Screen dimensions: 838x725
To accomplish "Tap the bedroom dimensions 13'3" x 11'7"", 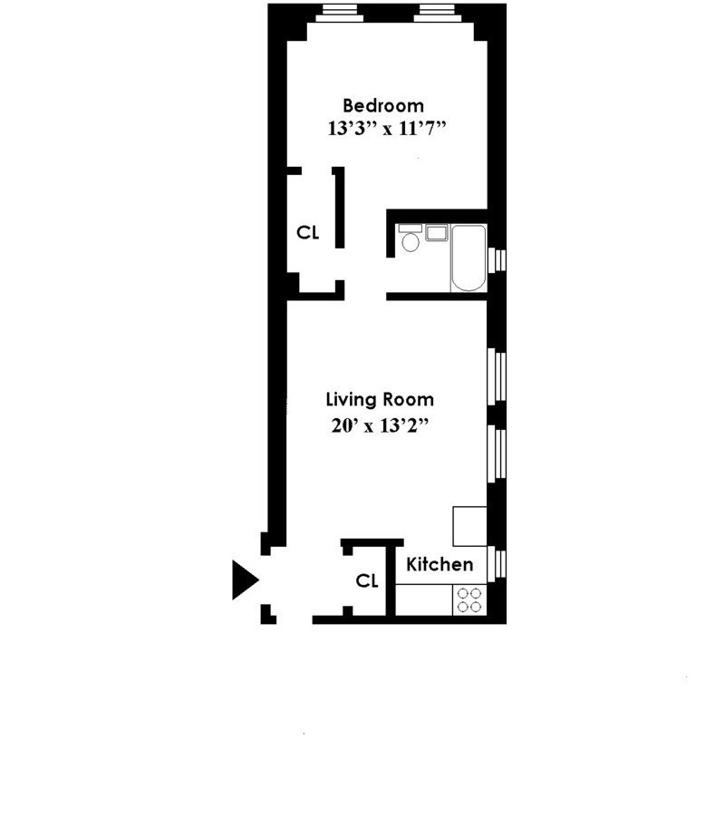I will pyautogui.click(x=389, y=129).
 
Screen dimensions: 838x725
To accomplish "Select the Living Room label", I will pyautogui.click(x=380, y=399).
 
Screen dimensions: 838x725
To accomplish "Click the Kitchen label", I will pyautogui.click(x=439, y=564).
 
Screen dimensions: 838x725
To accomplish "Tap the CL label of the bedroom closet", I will pyautogui.click(x=308, y=232).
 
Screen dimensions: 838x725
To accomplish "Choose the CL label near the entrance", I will pyautogui.click(x=366, y=581).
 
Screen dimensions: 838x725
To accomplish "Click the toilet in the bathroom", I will pyautogui.click(x=410, y=242).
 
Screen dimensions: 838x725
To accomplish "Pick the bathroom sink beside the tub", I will pyautogui.click(x=437, y=233).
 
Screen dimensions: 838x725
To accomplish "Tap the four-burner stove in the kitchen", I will pyautogui.click(x=469, y=599).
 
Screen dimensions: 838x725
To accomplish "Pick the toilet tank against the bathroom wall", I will pyautogui.click(x=410, y=227).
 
